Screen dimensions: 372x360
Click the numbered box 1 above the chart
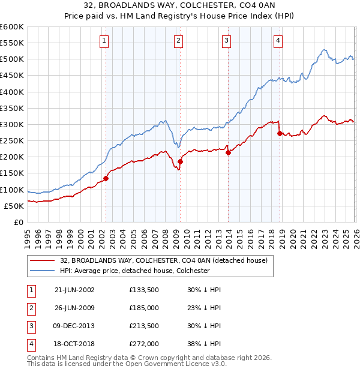pyautogui.click(x=104, y=41)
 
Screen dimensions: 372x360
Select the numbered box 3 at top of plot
pyautogui.click(x=226, y=41)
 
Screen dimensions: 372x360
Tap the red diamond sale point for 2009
pyautogui.click(x=180, y=161)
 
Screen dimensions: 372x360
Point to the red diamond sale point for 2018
pyautogui.click(x=280, y=133)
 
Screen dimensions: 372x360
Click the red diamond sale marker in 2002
pyautogui.click(x=106, y=178)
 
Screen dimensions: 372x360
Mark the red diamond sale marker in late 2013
pyautogui.click(x=228, y=152)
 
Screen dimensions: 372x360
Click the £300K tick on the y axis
pyautogui.click(x=11, y=124)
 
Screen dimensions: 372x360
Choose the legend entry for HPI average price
pyautogui.click(x=134, y=271)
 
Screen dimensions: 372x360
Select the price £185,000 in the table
pyautogui.click(x=144, y=308)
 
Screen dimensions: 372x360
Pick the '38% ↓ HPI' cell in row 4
pyautogui.click(x=203, y=344)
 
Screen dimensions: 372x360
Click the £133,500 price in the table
pyautogui.click(x=144, y=290)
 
